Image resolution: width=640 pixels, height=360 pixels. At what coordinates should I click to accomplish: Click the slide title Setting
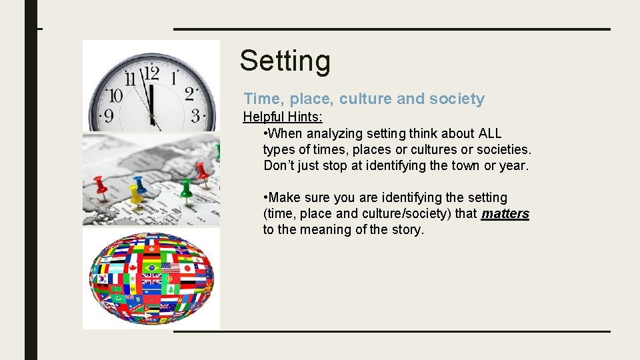coord(285,61)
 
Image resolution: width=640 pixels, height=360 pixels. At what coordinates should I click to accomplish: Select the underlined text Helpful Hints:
coord(283,117)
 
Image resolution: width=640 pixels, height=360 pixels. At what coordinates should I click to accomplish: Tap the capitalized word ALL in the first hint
coord(490,134)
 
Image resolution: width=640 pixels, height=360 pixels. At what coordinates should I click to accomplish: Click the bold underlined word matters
coord(505,214)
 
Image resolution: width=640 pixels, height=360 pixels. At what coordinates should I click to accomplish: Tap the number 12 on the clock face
coord(151,72)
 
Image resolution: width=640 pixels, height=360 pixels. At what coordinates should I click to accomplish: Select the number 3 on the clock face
coord(195,115)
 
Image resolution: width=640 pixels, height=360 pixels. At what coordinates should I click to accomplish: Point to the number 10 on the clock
coord(115,95)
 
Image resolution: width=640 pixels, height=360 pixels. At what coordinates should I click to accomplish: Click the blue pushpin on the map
coord(139,183)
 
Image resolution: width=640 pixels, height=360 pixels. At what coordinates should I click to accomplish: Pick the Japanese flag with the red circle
coord(187,268)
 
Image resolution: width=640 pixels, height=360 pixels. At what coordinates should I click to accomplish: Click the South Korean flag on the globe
coord(103,279)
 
